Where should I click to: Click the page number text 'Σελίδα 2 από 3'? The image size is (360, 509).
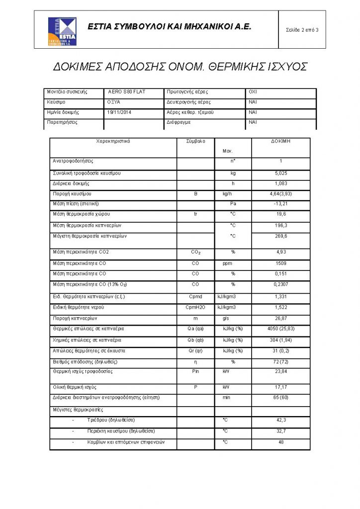tap(302, 30)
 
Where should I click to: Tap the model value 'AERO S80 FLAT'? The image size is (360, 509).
tap(127, 92)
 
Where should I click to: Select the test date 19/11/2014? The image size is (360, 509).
tap(119, 112)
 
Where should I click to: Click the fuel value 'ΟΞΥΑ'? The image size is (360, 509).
tap(114, 102)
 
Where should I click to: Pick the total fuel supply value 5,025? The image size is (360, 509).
tap(281, 173)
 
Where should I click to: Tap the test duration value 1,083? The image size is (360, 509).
tap(281, 184)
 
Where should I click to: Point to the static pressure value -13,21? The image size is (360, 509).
tap(281, 204)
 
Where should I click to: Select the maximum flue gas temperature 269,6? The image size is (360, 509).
tap(281, 236)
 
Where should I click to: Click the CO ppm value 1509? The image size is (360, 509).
tap(281, 263)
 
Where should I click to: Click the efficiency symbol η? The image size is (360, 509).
tap(195, 362)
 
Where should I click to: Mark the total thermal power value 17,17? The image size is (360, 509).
tap(281, 387)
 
